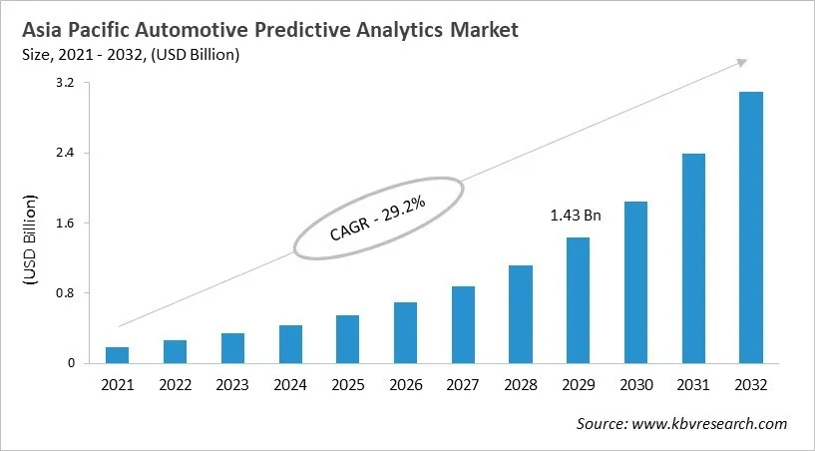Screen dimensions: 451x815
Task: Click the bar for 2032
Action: coord(750,227)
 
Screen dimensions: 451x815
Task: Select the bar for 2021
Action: coord(117,355)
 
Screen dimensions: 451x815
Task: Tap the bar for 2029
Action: coord(578,300)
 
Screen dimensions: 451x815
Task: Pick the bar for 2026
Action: coord(405,332)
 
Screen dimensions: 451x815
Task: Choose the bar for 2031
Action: coord(693,258)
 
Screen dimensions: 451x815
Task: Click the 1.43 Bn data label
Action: coord(576,216)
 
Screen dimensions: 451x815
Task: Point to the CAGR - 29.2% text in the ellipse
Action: coord(378,219)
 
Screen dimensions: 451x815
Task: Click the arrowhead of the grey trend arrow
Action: coord(742,62)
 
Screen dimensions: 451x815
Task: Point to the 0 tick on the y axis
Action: coord(71,363)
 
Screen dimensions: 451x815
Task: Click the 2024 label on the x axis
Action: coord(289,384)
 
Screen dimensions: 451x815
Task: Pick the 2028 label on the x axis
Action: coord(520,384)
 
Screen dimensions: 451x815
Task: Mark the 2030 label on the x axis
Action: coord(635,384)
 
